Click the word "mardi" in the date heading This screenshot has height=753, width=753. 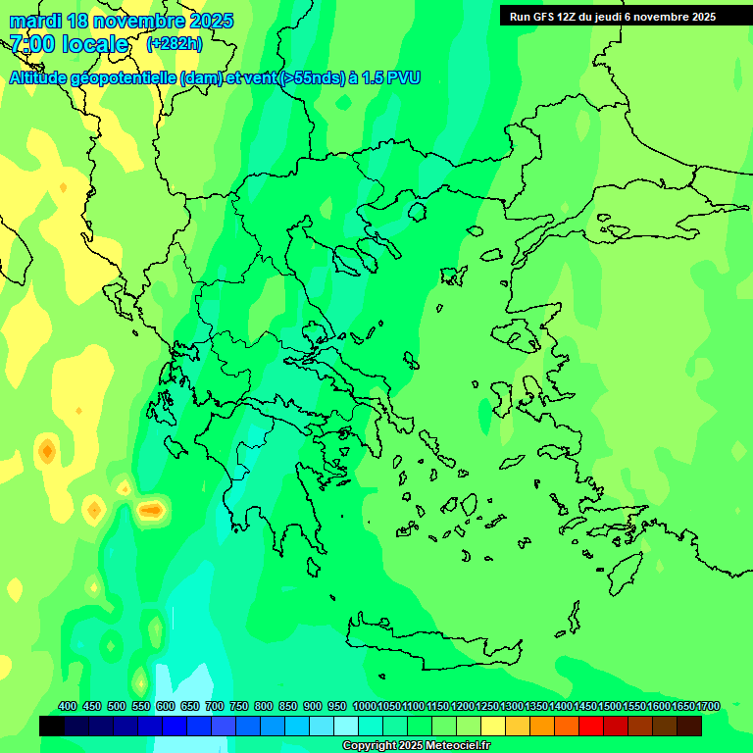tap(34, 21)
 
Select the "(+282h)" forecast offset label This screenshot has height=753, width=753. tap(174, 44)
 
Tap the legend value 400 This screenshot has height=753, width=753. tap(68, 707)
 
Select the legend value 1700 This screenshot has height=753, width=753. tap(708, 707)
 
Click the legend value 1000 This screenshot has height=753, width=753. tap(364, 707)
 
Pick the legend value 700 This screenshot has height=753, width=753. tap(215, 707)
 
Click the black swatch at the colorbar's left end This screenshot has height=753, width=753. tap(52, 726)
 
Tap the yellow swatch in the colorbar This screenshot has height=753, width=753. tap(493, 726)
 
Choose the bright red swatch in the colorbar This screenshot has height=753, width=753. tap(591, 726)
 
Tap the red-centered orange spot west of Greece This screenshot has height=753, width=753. tap(150, 510)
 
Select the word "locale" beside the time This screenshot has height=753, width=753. tap(94, 44)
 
